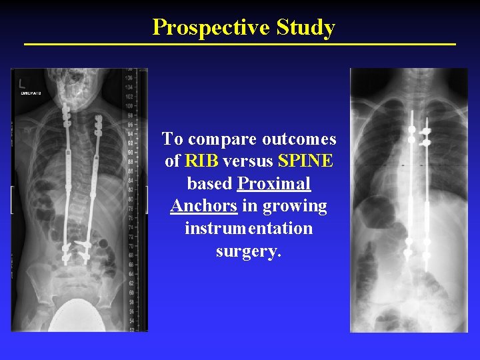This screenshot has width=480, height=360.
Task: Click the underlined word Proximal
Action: [x=274, y=183]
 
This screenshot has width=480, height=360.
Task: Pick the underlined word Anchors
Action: [x=203, y=206]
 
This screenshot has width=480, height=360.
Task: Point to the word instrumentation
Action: [x=249, y=229]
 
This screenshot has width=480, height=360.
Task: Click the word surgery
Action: [x=249, y=251]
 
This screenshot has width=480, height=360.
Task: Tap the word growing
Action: [x=295, y=206]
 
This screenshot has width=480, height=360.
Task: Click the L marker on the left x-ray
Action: [x=22, y=83]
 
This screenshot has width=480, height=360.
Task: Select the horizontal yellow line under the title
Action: [x=239, y=44]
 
